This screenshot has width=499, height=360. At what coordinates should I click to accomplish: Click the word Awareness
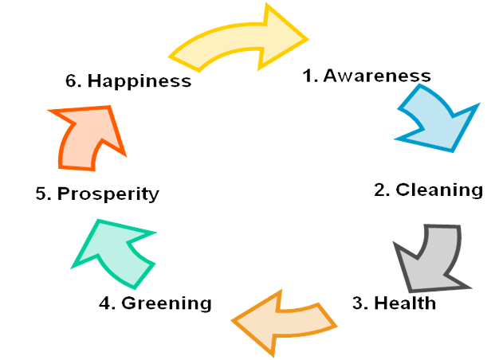point(377,76)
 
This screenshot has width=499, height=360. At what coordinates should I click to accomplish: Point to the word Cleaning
point(439,190)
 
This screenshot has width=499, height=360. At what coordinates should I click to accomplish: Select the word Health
point(405,303)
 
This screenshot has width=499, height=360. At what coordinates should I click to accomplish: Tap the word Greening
point(167,303)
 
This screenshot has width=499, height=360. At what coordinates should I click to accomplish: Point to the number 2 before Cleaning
point(380,190)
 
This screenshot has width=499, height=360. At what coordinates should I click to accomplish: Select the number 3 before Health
point(358,303)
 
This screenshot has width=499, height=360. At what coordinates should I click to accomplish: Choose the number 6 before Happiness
point(71,81)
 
